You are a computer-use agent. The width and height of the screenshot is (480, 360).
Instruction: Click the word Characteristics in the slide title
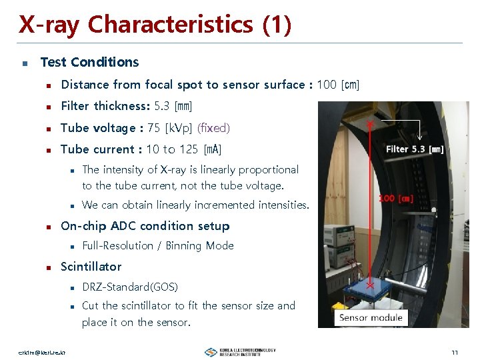170,25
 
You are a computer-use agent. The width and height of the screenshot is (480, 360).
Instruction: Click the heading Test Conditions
89,62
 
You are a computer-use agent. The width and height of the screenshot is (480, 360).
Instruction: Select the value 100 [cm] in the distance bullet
338,85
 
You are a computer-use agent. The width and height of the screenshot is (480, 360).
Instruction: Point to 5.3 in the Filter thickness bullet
162,106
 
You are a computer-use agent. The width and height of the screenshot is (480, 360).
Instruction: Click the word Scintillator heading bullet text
91,267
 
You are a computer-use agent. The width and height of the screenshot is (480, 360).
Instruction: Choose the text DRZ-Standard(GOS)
130,287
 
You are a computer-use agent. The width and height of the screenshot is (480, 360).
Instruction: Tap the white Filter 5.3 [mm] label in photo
415,149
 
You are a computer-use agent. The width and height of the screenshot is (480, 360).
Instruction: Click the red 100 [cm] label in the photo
396,198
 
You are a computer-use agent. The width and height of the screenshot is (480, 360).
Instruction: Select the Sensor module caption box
371,317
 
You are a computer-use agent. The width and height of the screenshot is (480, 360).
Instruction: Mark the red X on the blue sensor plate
368,284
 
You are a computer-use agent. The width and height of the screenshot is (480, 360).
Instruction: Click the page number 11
454,352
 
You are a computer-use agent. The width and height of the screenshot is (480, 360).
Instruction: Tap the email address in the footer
47,352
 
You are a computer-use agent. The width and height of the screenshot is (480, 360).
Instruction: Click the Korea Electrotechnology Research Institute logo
240,351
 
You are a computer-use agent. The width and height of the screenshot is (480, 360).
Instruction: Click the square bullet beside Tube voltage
49,128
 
